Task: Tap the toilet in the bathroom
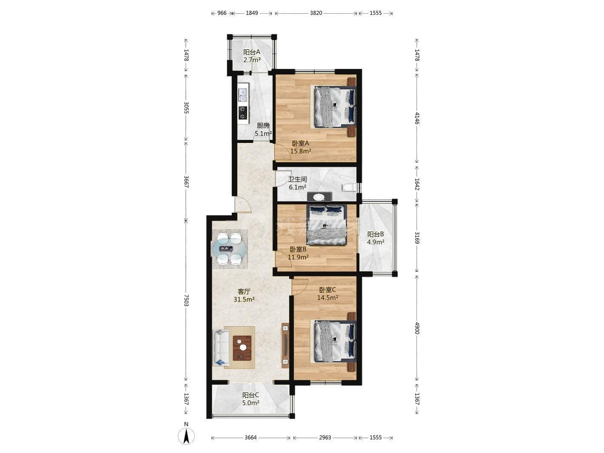(x=349, y=188)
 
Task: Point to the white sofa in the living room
(x=221, y=348)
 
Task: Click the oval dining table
(x=228, y=249)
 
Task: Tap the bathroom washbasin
(x=319, y=197)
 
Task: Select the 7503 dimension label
(x=186, y=300)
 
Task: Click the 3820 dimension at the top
(x=316, y=13)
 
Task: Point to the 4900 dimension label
(x=417, y=328)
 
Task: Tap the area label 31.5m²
(x=244, y=299)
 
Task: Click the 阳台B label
(x=376, y=234)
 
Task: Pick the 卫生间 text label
(x=297, y=179)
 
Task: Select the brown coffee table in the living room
(x=242, y=348)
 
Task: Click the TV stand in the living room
(x=285, y=345)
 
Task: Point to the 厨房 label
(x=263, y=126)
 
